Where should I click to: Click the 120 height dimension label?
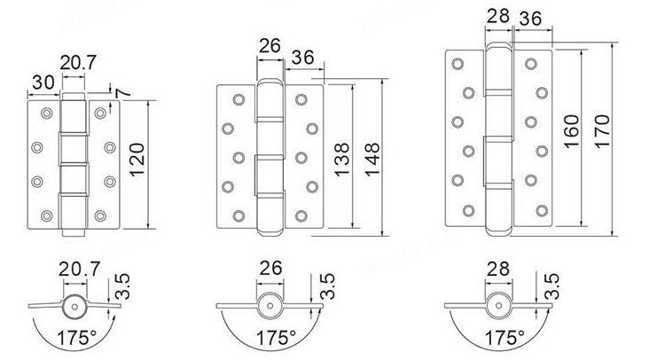tap(137, 160)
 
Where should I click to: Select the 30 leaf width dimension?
tap(43, 82)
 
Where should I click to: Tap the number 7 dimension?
tap(123, 93)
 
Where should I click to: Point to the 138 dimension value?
tap(341, 160)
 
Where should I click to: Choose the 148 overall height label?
tap(371, 160)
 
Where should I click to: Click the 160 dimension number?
tap(571, 131)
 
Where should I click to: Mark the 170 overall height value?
tap(602, 131)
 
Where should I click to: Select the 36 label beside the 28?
tap(530, 19)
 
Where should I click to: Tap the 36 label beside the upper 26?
tap(302, 58)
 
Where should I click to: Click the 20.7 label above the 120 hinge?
tap(78, 63)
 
